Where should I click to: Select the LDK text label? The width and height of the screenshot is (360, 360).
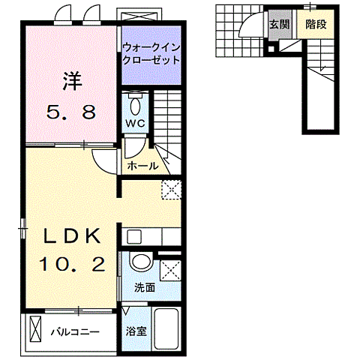coord(72,235)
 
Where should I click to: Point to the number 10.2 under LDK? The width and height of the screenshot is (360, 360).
coord(71,264)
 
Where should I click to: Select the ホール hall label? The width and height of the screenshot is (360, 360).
coord(142,166)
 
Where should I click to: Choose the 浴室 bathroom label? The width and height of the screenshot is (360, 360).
coord(135,331)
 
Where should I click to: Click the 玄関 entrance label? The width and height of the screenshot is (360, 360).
coord(280,24)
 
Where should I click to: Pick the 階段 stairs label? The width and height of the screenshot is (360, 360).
coord(316,24)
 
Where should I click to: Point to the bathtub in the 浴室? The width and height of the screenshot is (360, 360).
coord(164,329)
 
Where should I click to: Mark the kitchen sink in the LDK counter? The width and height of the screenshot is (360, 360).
coord(133,237)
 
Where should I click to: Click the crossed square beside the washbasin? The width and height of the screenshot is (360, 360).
coord(170,268)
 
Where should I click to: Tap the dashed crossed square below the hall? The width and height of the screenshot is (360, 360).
coord(170,190)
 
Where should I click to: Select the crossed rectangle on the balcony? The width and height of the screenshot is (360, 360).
coord(35,329)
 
